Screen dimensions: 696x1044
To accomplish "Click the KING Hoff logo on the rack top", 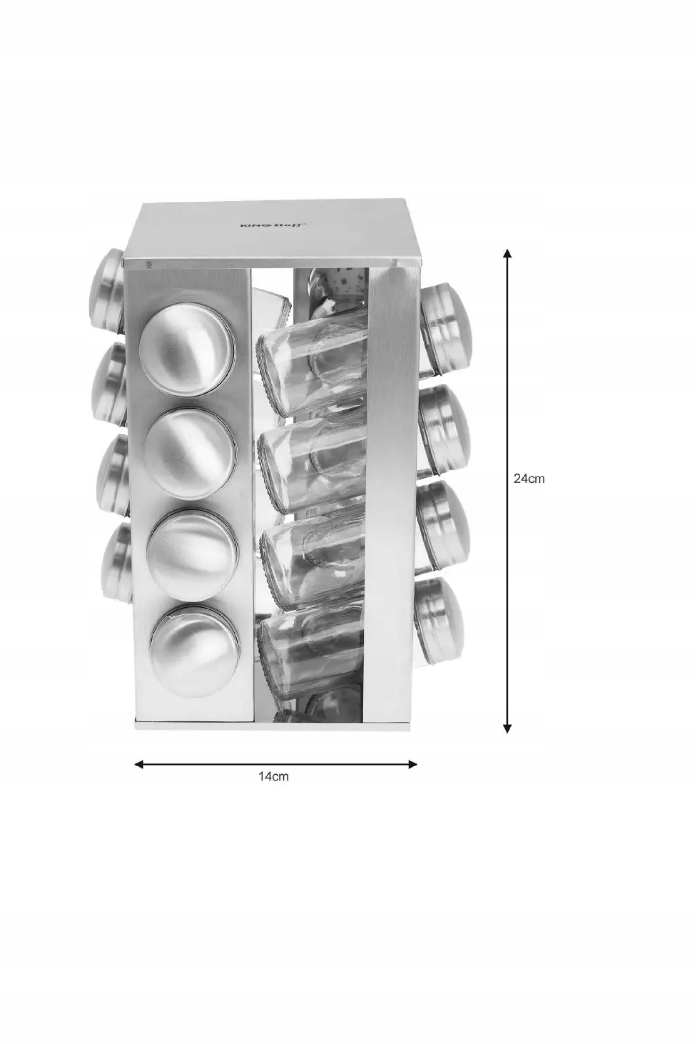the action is pyautogui.click(x=272, y=225).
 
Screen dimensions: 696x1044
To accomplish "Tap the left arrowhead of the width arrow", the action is pyautogui.click(x=139, y=764).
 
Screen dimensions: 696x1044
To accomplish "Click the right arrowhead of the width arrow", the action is pyautogui.click(x=412, y=764).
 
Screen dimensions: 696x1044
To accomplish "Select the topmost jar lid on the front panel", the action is pyautogui.click(x=187, y=350).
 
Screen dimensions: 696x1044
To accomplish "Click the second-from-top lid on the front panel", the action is pyautogui.click(x=190, y=455).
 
